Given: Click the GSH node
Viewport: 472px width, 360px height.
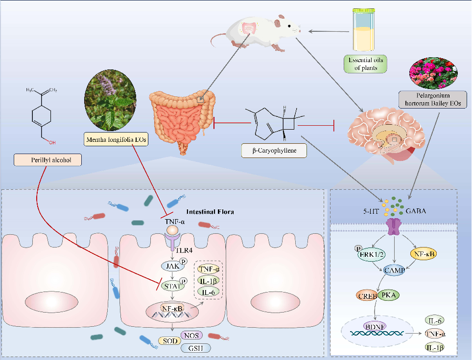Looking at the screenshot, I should coord(195,348).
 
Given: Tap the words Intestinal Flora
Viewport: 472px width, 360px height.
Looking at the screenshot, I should coord(211,213).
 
